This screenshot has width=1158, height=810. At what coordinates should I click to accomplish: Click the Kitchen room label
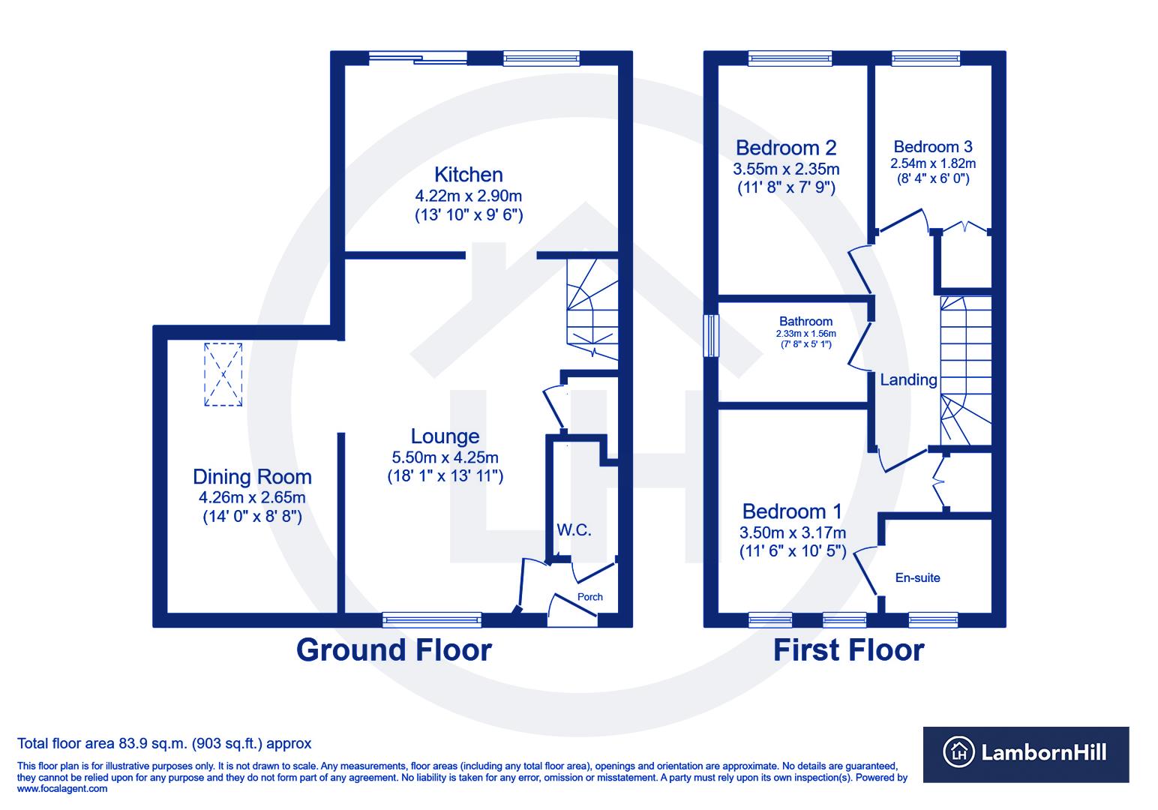tap(469, 175)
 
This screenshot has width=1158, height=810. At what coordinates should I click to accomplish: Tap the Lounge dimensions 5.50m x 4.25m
tap(445, 457)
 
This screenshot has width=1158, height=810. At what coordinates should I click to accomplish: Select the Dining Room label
tap(252, 477)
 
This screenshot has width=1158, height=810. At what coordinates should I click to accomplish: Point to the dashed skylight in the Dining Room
tap(223, 374)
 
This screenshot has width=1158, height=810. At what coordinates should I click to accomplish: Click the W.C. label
tap(574, 530)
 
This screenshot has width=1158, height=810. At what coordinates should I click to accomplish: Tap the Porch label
tap(589, 597)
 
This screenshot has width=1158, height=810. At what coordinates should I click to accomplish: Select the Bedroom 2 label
tap(786, 148)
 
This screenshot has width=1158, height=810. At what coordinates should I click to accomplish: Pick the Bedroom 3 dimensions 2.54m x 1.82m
tap(932, 163)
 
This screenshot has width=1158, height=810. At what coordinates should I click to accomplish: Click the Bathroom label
tap(805, 322)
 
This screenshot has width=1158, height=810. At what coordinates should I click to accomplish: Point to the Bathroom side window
tap(710, 335)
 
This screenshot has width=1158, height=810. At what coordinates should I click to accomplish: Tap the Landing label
tap(908, 380)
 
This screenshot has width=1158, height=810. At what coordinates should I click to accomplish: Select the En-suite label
tap(917, 578)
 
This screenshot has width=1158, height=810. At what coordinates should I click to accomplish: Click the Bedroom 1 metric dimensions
tap(793, 533)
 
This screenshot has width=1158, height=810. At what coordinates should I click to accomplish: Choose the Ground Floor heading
tap(394, 649)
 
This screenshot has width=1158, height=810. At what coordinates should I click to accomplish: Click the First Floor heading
tap(848, 649)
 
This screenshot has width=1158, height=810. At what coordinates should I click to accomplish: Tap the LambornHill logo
tap(1025, 754)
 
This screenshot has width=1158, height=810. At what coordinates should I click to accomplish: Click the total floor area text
tap(164, 744)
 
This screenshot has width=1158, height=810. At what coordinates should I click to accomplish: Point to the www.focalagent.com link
tap(62, 788)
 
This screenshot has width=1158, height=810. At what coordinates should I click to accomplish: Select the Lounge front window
tap(431, 619)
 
